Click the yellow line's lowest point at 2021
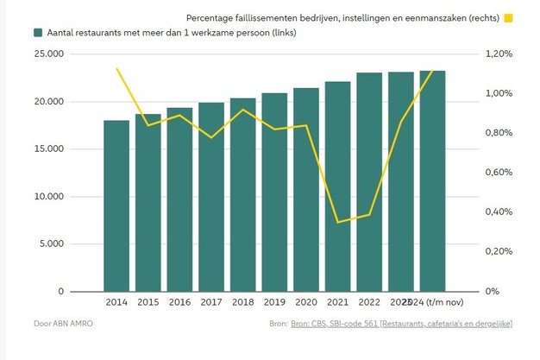(338, 222)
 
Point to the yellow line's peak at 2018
(243, 110)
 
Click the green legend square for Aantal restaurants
(39, 32)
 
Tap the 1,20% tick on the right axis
(499, 54)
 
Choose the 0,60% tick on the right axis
(499, 173)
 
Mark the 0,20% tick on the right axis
(499, 251)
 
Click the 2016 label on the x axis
(179, 302)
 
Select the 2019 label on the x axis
(274, 302)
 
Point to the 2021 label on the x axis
(337, 302)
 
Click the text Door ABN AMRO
(65, 323)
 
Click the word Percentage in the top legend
(211, 17)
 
